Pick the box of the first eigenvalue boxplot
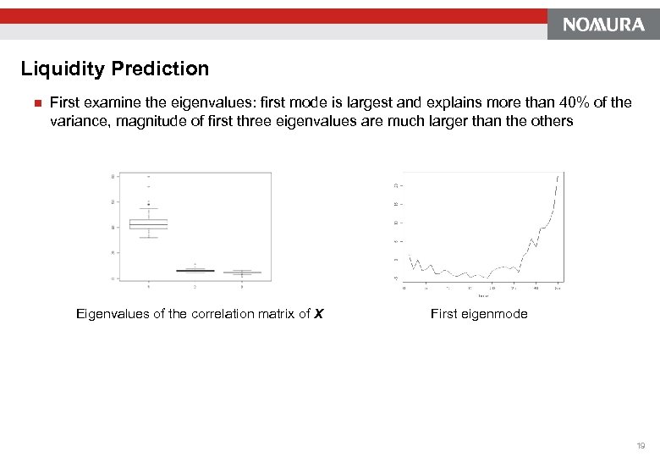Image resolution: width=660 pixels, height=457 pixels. [148, 224]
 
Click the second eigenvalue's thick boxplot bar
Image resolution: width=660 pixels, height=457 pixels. [195, 271]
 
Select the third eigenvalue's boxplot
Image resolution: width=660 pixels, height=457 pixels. [242, 273]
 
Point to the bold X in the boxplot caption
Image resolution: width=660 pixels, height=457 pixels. [317, 314]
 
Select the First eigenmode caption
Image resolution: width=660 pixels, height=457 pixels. [478, 314]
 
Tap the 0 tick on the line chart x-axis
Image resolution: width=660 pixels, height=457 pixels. [404, 288]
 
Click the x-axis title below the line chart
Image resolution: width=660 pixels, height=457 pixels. [482, 295]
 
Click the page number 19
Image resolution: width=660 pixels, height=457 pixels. [641, 444]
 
